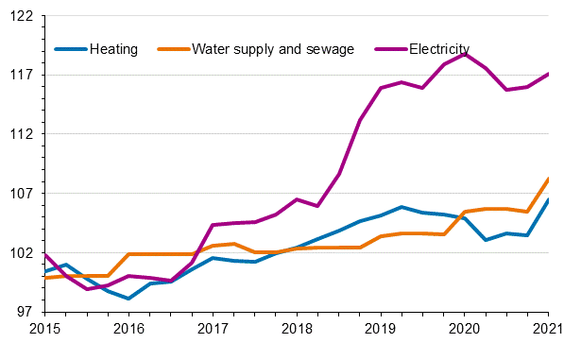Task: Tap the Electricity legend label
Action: click(x=438, y=49)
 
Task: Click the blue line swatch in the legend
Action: click(x=72, y=49)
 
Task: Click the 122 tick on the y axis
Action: click(x=23, y=16)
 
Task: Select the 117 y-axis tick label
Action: click(x=23, y=75)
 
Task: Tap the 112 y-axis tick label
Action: click(x=23, y=134)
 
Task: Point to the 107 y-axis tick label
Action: click(x=23, y=194)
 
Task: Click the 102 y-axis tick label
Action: click(x=23, y=253)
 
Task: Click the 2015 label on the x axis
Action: click(x=44, y=328)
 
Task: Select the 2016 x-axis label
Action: click(x=128, y=328)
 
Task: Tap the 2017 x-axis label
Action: click(x=213, y=328)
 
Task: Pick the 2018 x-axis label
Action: click(x=297, y=328)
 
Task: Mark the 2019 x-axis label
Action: click(x=381, y=328)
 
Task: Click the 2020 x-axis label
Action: click(x=465, y=328)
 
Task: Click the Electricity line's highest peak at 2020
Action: click(x=465, y=54)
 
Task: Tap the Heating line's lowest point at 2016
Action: click(x=128, y=299)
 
